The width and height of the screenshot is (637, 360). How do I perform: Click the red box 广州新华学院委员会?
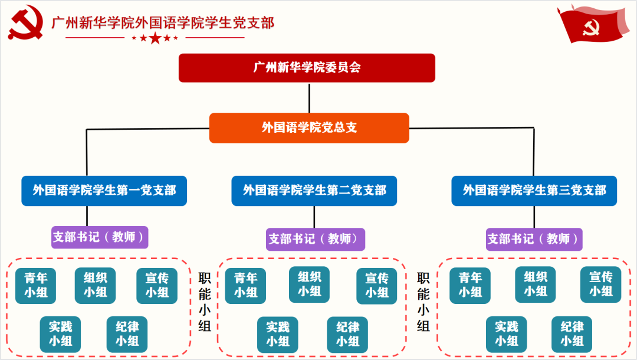pos(307,67)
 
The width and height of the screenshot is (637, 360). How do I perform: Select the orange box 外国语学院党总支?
pos(309,127)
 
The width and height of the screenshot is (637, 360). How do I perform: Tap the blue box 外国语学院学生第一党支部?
pos(104,191)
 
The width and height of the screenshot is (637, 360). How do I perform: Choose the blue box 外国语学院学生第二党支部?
pos(314,191)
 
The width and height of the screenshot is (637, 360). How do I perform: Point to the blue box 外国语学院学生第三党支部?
pos(534,191)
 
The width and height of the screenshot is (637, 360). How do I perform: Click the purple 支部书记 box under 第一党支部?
pos(100,237)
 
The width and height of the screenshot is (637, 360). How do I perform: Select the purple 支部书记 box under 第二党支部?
pos(315,239)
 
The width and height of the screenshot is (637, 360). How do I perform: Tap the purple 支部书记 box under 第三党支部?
pos(534,239)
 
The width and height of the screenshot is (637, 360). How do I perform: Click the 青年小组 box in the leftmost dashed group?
pos(36,285)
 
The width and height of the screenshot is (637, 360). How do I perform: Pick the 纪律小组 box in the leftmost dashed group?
pos(127,334)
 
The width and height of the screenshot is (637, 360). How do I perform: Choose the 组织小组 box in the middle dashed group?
pos(309,284)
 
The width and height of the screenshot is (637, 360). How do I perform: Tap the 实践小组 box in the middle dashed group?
pos(277,334)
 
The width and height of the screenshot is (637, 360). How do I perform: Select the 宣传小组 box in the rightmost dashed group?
pos(600,284)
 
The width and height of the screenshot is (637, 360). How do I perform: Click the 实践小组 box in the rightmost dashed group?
pos(506,334)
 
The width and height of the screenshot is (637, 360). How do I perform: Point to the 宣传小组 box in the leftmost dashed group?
pos(157,285)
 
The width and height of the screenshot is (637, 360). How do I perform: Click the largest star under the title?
pos(155,39)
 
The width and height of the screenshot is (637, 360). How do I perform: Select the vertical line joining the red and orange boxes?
pos(309,97)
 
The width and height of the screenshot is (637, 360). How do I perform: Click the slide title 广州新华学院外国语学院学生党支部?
pos(163,22)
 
